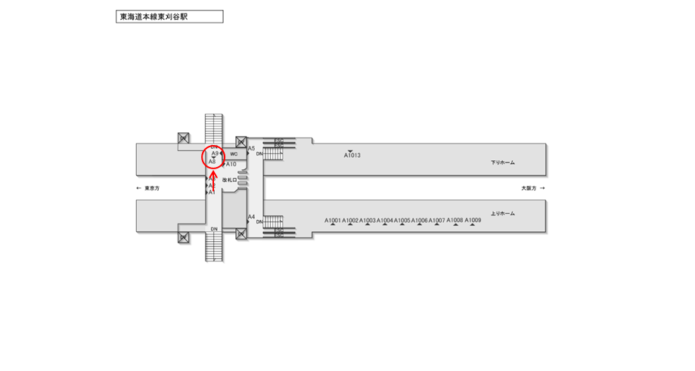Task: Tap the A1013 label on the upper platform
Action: (x=352, y=156)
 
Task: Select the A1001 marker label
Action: (x=334, y=221)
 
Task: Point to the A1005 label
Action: (x=402, y=221)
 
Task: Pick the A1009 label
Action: (x=473, y=220)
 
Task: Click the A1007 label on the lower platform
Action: (x=437, y=221)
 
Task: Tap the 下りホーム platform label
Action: (x=502, y=162)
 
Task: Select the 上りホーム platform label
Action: (x=502, y=214)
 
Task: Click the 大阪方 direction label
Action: (x=532, y=187)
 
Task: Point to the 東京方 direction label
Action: (x=148, y=187)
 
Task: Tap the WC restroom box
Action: (x=234, y=153)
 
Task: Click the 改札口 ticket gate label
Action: (x=229, y=180)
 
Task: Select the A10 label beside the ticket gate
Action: (x=231, y=164)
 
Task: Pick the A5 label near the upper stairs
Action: (x=252, y=148)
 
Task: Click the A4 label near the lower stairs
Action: (x=252, y=217)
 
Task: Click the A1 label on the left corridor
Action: (x=213, y=193)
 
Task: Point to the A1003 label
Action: (x=368, y=221)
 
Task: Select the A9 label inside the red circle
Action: (x=215, y=153)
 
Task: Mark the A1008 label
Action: (x=455, y=220)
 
